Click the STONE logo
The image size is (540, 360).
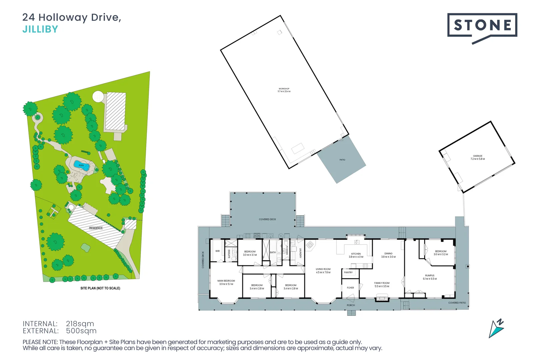click(x=482, y=25)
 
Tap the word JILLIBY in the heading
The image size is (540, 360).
click(x=40, y=29)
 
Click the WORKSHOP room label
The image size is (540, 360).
click(x=284, y=90)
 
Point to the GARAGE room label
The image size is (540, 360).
click(x=478, y=157)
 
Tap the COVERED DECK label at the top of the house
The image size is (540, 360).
click(x=267, y=219)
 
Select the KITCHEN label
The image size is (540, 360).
click(x=356, y=255)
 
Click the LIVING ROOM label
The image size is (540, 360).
click(x=323, y=271)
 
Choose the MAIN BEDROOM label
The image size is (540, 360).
click(x=226, y=282)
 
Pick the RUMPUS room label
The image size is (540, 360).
click(x=430, y=277)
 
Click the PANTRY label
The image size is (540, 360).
click(x=348, y=272)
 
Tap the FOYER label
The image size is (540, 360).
click(x=350, y=288)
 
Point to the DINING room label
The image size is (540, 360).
click(x=388, y=255)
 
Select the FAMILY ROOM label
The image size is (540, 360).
click(x=382, y=284)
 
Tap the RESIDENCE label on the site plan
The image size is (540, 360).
click(x=96, y=228)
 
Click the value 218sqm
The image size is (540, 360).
click(x=80, y=324)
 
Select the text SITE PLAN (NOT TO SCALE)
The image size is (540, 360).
click(x=100, y=288)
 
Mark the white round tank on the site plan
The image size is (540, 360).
click(x=98, y=97)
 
